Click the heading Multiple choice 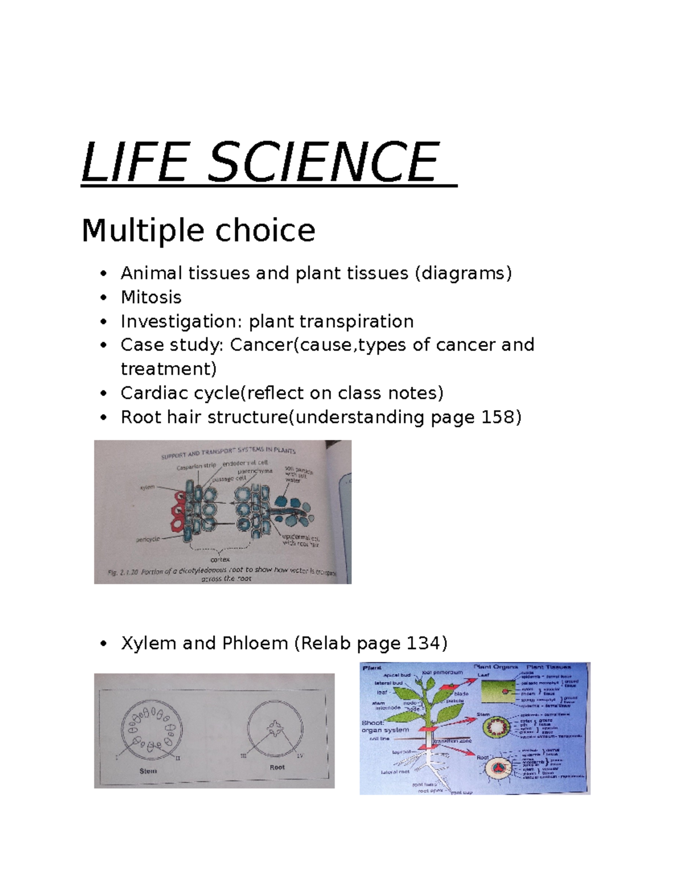click(x=198, y=231)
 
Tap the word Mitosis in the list click(x=151, y=297)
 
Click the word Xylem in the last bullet click(x=148, y=643)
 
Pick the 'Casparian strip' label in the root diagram click(x=196, y=466)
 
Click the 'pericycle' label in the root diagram click(x=148, y=539)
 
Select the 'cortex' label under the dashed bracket click(x=220, y=559)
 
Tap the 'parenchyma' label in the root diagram click(x=255, y=472)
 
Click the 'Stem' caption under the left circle click(x=148, y=771)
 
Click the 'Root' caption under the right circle click(x=277, y=767)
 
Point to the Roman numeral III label click(x=243, y=756)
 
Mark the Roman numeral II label click(x=178, y=758)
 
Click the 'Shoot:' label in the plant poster click(x=372, y=723)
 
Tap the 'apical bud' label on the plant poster click(x=397, y=675)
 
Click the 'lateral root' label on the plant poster click(x=395, y=772)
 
